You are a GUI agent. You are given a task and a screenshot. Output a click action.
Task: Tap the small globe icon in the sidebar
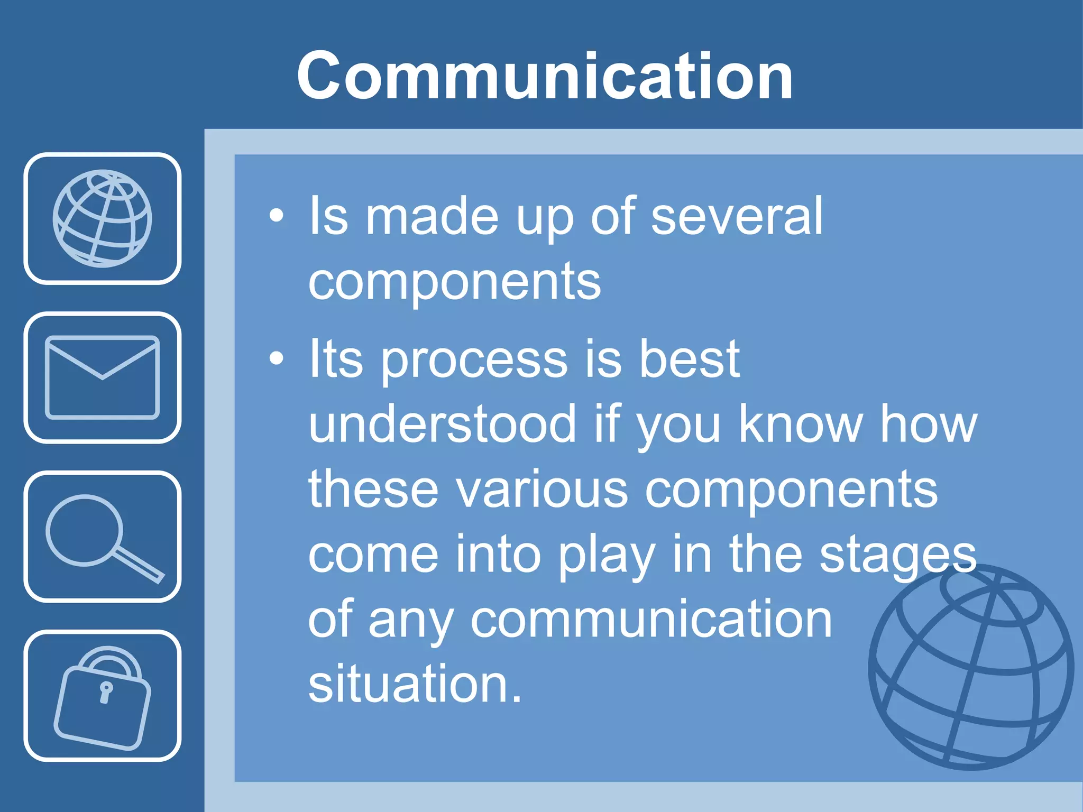point(102,218)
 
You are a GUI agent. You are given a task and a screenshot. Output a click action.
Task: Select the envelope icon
point(102,377)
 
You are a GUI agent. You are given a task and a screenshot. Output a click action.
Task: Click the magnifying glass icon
point(102,537)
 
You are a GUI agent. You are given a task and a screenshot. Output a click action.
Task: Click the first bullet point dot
point(276,216)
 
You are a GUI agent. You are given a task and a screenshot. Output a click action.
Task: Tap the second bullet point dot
point(276,359)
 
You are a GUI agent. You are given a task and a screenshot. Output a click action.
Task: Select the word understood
point(442,424)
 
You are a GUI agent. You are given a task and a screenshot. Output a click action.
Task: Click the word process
point(474,360)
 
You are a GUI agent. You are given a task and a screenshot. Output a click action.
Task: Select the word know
point(800,424)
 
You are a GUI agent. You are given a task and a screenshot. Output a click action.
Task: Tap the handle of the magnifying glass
point(139,565)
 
